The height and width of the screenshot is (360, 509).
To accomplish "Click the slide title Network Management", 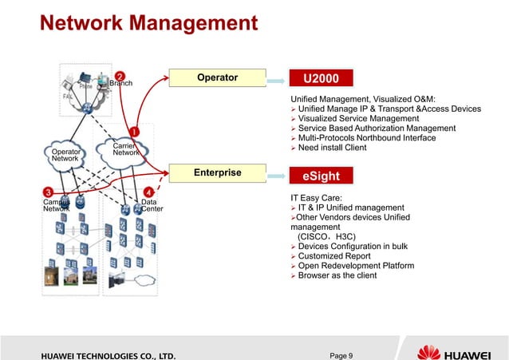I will tap(148, 22).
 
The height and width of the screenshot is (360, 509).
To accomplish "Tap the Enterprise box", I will tap(217, 172).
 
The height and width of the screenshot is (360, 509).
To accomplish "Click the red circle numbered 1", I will tap(134, 131).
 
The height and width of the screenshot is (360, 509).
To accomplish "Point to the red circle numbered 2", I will tap(119, 76).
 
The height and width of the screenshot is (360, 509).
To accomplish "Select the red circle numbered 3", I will tap(49, 192).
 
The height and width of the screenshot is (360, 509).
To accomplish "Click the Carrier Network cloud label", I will tap(124, 149).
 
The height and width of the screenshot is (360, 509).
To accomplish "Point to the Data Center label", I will tap(151, 206).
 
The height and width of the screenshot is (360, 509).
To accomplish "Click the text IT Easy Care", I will tap(318, 197).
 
